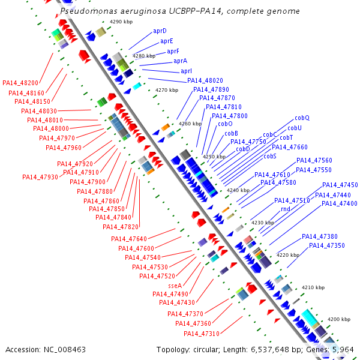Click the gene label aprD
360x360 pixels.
click(x=160, y=31)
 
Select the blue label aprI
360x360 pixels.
click(x=186, y=71)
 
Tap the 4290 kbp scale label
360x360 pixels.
click(x=120, y=22)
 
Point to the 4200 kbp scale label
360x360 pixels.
click(x=338, y=319)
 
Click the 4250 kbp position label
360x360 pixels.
click(x=213, y=157)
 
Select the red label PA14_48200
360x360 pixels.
click(x=20, y=83)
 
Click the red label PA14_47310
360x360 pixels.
click(x=202, y=334)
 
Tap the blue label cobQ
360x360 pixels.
click(x=302, y=118)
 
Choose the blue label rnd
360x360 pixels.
click(x=286, y=209)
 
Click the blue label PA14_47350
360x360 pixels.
click(x=327, y=245)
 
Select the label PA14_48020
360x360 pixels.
click(x=205, y=80)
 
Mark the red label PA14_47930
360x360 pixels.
click(x=40, y=177)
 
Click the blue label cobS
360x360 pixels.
click(x=269, y=156)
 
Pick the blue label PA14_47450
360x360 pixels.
click(x=340, y=185)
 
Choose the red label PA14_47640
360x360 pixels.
click(x=129, y=239)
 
